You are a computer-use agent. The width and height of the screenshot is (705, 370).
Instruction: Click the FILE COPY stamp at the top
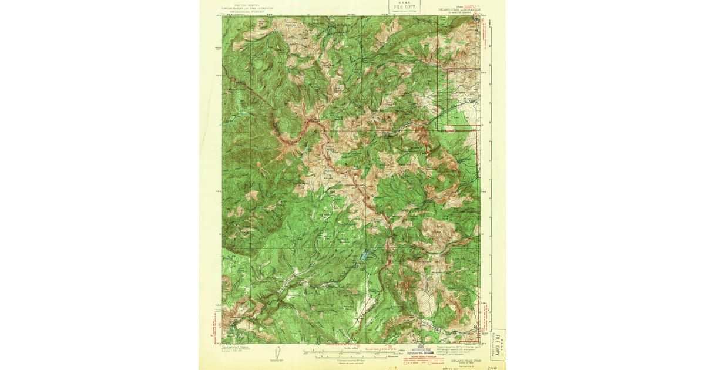402,8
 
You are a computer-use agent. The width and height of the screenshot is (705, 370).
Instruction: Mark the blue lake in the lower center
366,256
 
